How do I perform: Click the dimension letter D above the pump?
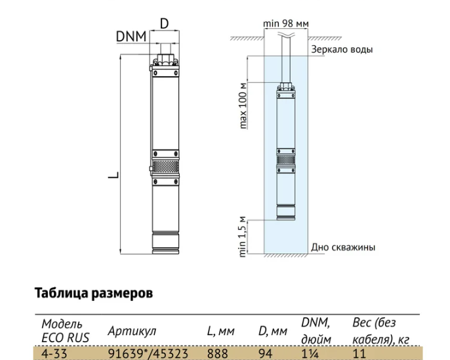pyautogui.click(x=164, y=24)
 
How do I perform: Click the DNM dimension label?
pyautogui.click(x=131, y=37)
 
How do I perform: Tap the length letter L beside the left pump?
pyautogui.click(x=113, y=175)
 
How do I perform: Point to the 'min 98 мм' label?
pyautogui.click(x=286, y=23)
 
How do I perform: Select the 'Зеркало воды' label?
pyautogui.click(x=342, y=49)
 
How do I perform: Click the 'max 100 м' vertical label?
pyautogui.click(x=243, y=106)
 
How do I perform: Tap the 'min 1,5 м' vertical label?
pyautogui.click(x=243, y=237)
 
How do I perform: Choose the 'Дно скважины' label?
pyautogui.click(x=343, y=247)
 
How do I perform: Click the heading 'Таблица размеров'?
pyautogui.click(x=94, y=294)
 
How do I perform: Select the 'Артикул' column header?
pyautogui.click(x=132, y=331)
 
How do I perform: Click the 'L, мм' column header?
pyautogui.click(x=220, y=331)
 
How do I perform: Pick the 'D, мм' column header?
pyautogui.click(x=273, y=331)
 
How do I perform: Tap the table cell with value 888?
pyautogui.click(x=218, y=353)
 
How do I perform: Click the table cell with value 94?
pyautogui.click(x=266, y=353)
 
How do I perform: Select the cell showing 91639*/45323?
pyautogui.click(x=148, y=353)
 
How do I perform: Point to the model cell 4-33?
pyautogui.click(x=54, y=353)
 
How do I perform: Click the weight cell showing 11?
pyautogui.click(x=359, y=353)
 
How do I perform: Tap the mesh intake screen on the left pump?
pyautogui.click(x=165, y=167)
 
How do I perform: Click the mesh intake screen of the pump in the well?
pyautogui.click(x=286, y=159)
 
